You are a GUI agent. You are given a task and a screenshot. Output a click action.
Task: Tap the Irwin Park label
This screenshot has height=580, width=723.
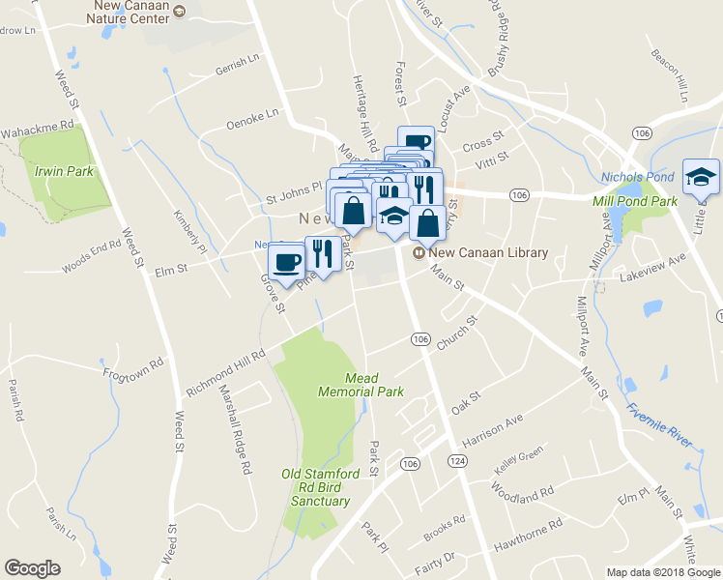[63, 171]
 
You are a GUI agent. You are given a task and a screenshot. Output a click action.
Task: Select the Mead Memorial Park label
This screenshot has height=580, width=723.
[361, 385]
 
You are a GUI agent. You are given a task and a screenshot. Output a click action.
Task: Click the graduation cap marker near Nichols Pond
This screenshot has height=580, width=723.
[701, 176]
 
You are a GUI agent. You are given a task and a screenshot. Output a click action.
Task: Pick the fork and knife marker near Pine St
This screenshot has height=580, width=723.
[323, 253]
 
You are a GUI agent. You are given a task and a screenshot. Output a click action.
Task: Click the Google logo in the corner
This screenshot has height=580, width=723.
[32, 568]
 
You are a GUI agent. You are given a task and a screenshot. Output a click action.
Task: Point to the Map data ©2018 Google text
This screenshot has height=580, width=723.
[662, 571]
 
